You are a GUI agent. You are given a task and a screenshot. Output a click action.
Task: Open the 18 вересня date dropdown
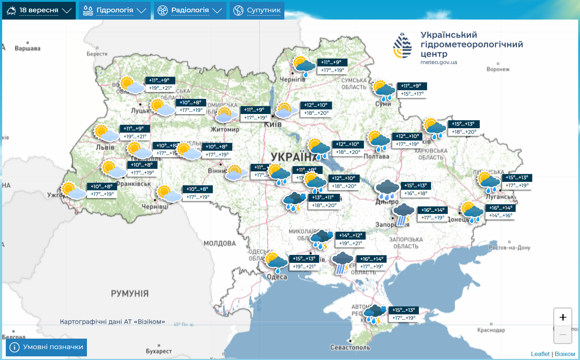(39, 11)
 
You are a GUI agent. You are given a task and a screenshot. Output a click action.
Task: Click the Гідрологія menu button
(114, 11)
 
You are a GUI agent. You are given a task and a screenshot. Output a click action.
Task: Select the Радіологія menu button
(190, 11)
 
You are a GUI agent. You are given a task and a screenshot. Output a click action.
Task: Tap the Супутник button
(257, 11)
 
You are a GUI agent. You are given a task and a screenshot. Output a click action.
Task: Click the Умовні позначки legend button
(46, 347)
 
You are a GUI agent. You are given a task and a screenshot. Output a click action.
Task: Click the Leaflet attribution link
(540, 354)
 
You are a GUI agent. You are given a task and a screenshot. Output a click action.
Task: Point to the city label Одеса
(277, 277)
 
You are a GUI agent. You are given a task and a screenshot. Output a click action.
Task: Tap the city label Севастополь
(350, 347)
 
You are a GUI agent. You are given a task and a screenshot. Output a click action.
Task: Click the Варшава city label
(28, 49)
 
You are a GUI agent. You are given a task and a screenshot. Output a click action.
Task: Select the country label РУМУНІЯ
(130, 293)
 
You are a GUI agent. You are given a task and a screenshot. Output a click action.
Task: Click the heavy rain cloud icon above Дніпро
(387, 189)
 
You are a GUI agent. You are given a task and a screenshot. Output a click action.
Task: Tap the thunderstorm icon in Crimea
(375, 314)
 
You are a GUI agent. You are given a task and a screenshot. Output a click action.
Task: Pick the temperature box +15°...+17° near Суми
(412, 94)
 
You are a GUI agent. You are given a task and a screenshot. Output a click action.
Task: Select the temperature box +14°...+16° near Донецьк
(501, 215)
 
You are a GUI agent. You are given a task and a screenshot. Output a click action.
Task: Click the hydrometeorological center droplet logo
(402, 46)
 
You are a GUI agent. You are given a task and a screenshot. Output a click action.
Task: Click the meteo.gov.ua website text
(439, 62)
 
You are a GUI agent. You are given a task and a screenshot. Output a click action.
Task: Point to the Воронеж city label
(498, 69)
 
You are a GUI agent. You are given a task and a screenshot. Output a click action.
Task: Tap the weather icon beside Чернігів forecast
(304, 66)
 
